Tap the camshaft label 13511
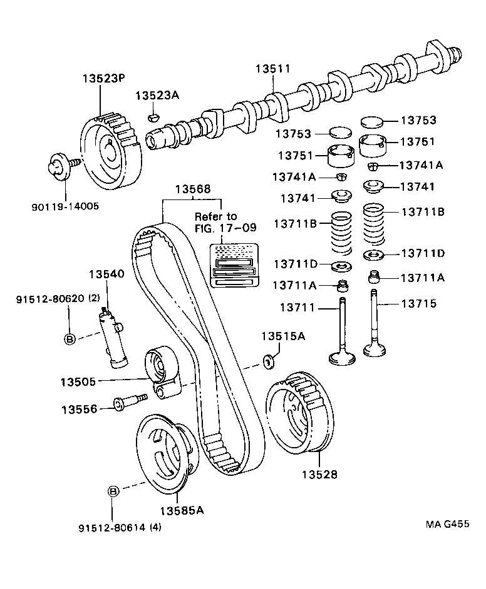[x=272, y=69]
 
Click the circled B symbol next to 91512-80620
[x=70, y=338]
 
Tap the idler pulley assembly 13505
[x=162, y=373]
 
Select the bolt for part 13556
[x=128, y=401]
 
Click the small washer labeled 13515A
[x=270, y=361]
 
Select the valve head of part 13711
[x=343, y=358]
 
